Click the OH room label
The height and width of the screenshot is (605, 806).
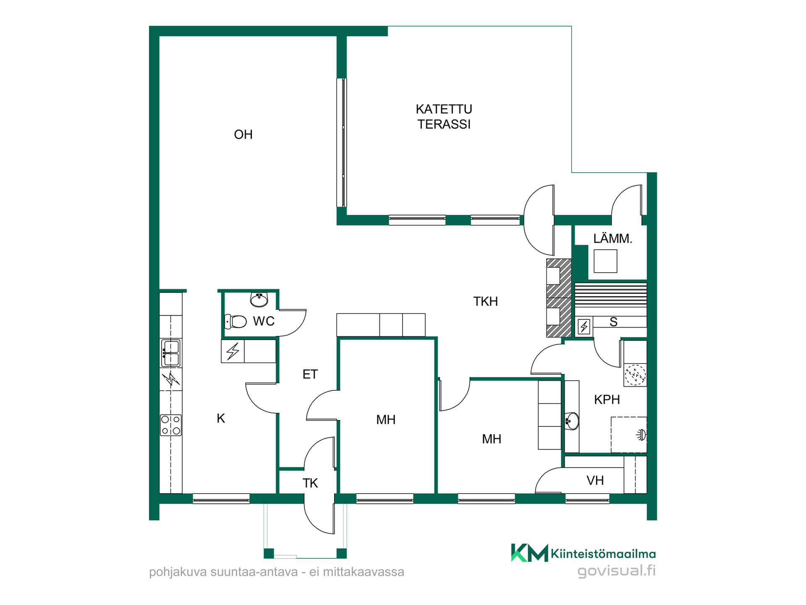pos(243,134)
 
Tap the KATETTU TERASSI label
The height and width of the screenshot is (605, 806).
pos(444,117)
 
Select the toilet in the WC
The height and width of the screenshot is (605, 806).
pos(236,322)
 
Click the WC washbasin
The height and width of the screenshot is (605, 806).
pos(259,300)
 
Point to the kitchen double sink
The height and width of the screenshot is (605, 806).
pos(171,353)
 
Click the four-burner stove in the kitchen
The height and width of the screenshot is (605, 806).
pos(171,425)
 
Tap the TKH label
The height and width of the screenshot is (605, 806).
pos(486,301)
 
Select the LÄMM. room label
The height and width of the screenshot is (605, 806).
pos(612,238)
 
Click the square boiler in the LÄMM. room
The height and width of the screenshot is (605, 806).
pos(605,261)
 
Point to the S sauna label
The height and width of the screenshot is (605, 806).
pos(613,322)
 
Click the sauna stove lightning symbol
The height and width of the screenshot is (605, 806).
pos(584,326)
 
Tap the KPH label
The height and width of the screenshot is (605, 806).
pos(607,399)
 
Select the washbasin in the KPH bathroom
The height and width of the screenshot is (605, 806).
pos(572,421)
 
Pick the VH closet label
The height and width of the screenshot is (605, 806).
pos(595,480)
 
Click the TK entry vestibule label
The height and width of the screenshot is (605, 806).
pos(310,483)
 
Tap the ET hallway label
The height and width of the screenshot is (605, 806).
pos(310,374)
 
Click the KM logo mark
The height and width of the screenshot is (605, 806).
pos(529,552)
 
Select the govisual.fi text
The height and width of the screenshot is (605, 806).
pos(617,571)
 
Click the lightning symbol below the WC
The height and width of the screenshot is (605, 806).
pos(233,351)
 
